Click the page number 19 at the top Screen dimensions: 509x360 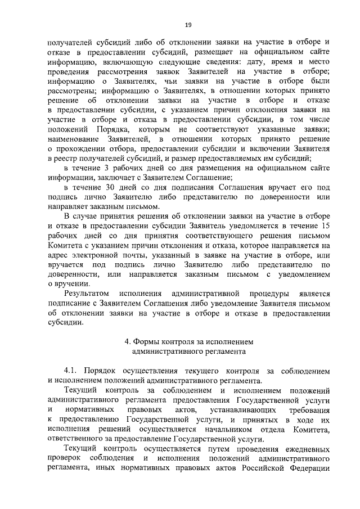188,24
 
